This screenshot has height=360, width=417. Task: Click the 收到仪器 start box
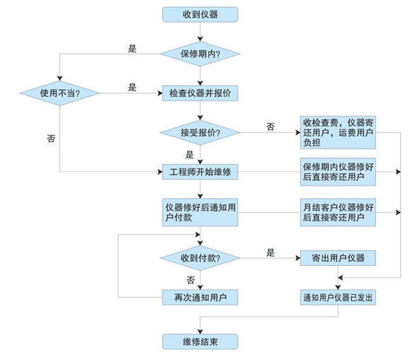[200, 14]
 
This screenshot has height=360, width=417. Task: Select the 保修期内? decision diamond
[200, 53]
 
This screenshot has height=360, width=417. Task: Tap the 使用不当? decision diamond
[58, 92]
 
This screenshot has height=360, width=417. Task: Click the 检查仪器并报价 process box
[200, 92]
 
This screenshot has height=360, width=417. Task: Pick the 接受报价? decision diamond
[200, 133]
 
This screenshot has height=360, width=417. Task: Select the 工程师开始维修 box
[200, 172]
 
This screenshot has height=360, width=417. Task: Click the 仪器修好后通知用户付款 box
[200, 213]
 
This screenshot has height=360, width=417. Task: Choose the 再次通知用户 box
[200, 297]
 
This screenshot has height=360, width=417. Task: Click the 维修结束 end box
[200, 342]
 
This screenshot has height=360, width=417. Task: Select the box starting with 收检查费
[337, 132]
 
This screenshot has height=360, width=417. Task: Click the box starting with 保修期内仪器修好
[337, 172]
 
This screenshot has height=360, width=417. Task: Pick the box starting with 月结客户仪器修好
[337, 213]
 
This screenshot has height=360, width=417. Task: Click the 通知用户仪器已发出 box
[337, 297]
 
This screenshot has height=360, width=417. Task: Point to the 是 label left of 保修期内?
[131, 48]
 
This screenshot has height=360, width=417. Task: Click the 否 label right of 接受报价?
[270, 126]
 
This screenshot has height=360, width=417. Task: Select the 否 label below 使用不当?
[50, 138]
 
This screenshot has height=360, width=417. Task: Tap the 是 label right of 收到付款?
[270, 252]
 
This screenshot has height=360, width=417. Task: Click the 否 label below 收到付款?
[190, 279]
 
